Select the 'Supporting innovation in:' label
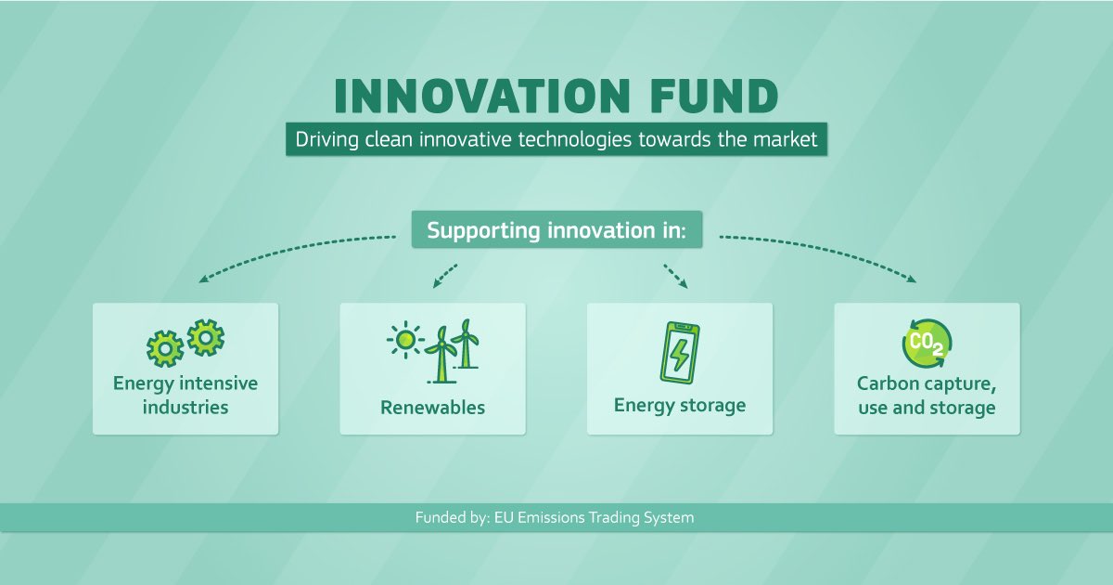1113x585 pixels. pyautogui.click(x=556, y=229)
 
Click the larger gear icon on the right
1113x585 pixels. pyautogui.click(x=205, y=338)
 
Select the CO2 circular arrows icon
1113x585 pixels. pyautogui.click(x=927, y=342)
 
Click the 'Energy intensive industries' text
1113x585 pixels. pyautogui.click(x=185, y=395)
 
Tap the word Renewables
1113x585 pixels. pyautogui.click(x=432, y=407)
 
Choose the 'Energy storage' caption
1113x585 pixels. pyautogui.click(x=680, y=405)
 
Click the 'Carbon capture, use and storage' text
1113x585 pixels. pyautogui.click(x=927, y=396)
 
